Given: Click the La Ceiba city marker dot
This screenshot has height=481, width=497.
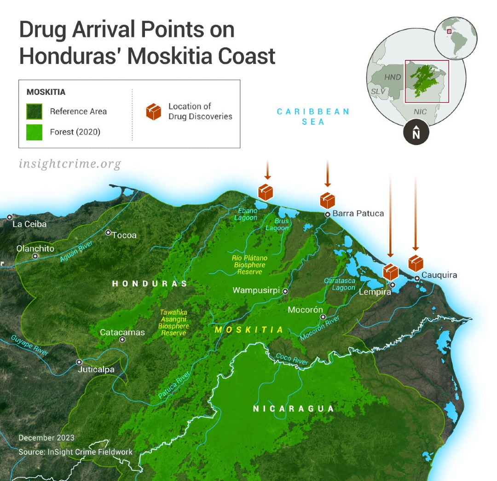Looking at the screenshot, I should click(9, 217).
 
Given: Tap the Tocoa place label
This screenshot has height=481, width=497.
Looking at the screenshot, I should click(124, 235).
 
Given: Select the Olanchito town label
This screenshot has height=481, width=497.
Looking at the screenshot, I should click(35, 249).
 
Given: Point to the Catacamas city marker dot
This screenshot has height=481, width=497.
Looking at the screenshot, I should click(122, 340).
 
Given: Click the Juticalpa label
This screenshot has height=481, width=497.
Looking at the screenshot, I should click(96, 370).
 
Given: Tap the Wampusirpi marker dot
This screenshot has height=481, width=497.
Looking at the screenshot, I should click(285, 291).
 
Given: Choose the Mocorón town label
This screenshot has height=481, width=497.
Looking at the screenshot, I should click(305, 310).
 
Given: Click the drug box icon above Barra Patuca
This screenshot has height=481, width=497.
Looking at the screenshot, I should click(327, 201).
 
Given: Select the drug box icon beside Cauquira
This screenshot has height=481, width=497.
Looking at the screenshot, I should click(416, 263).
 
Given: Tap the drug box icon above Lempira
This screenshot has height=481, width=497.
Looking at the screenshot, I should click(391, 272).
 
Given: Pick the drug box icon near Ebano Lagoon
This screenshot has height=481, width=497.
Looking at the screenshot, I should click(266, 191).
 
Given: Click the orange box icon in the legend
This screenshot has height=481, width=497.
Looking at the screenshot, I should click(154, 112).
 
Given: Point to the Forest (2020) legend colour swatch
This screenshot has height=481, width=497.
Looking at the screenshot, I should click(35, 133).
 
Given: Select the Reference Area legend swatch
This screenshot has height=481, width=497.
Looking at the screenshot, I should click(35, 111).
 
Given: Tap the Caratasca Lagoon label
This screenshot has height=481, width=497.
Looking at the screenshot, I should click(340, 284).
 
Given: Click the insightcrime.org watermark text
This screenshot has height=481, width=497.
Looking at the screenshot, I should click(70, 163).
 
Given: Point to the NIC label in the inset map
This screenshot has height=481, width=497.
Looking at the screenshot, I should click(420, 112).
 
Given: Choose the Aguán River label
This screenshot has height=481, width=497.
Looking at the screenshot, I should click(76, 251).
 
